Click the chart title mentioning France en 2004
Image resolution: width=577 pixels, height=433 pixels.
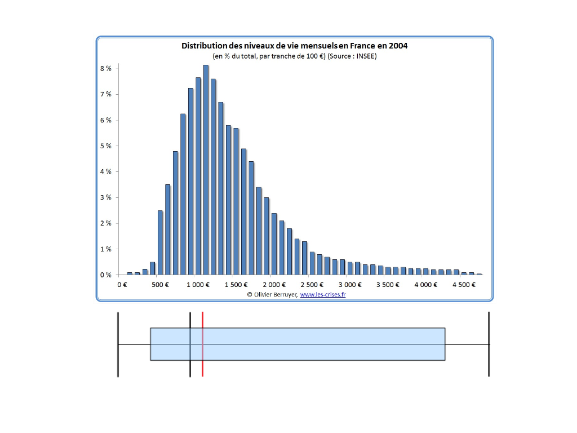coord(294,46)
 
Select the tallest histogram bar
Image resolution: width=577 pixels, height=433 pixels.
coord(206,169)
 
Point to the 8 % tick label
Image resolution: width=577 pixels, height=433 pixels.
coord(106,68)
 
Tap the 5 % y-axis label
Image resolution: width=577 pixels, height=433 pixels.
coord(106,146)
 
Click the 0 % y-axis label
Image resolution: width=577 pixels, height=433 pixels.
coord(106,275)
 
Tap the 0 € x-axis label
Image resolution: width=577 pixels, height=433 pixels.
coord(122,285)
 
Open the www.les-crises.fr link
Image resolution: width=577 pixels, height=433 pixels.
coord(323,294)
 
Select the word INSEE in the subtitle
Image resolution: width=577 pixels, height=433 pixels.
coord(365,56)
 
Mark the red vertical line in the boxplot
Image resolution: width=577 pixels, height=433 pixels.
coord(202,344)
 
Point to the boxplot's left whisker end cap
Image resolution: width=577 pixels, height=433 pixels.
coord(118,344)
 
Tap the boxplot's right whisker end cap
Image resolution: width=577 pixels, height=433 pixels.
coord(489,344)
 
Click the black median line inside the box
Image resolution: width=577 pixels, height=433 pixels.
coord(190,344)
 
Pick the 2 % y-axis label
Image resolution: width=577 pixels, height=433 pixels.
coord(106,223)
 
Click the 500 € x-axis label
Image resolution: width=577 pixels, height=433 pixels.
coord(160,285)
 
